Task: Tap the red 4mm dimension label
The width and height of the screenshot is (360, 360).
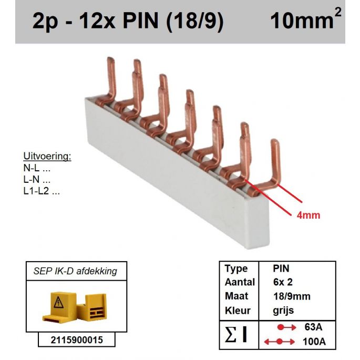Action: coord(308,215)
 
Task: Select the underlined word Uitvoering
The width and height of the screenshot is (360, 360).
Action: coord(47,157)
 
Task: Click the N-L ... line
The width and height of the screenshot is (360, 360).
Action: coord(37,168)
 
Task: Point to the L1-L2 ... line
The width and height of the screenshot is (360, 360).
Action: coord(42,191)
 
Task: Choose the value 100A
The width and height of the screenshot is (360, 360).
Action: coord(314,342)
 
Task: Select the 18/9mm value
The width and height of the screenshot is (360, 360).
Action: coord(292,296)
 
